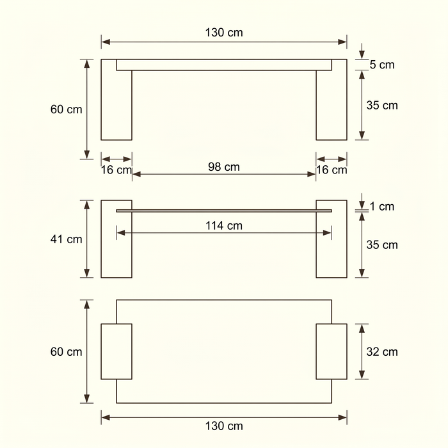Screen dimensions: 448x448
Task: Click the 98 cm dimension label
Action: point(224,167)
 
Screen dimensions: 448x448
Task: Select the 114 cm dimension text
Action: point(224,226)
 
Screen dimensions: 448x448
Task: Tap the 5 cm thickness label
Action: point(382,65)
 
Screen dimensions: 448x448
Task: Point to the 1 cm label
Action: point(382,206)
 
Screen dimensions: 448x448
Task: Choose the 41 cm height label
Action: point(67,239)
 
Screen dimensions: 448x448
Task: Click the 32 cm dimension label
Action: point(382,352)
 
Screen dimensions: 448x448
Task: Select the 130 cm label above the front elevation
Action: point(224,33)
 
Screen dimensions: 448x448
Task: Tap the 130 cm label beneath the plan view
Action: point(224,426)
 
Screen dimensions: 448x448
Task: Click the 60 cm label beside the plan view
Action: point(67,352)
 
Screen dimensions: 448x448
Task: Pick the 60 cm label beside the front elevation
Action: point(67,109)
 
